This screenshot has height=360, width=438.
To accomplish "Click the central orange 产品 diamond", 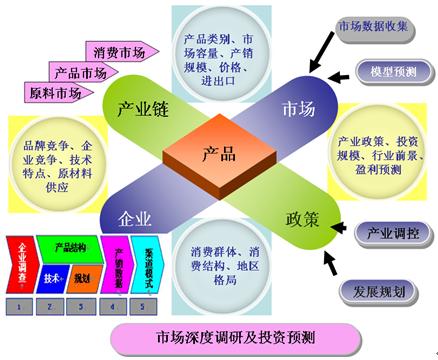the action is [219, 155].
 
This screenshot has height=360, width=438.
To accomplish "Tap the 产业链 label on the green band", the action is [140, 107].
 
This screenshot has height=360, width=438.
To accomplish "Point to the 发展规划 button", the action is [379, 292].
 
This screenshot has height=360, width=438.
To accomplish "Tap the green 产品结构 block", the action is [73, 247].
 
